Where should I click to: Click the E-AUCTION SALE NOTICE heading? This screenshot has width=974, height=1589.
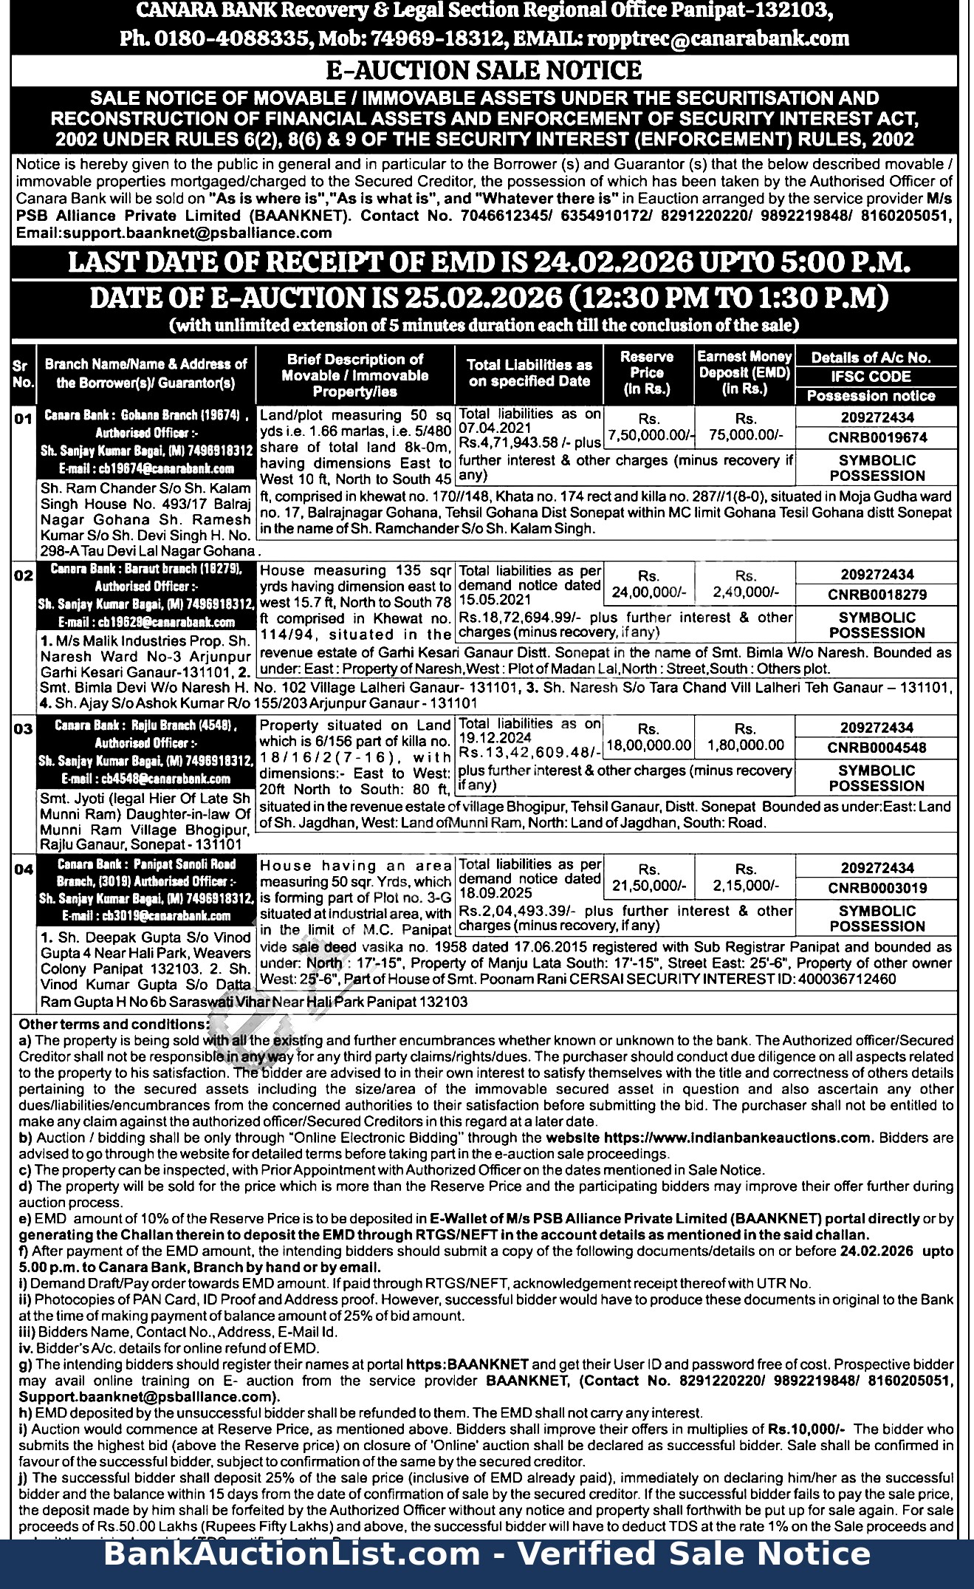coord(484,70)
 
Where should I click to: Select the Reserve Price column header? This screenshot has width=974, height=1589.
coord(647,373)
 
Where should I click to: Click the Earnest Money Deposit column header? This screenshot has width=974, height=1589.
coord(744,373)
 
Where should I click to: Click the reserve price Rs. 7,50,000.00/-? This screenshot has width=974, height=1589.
coord(649,435)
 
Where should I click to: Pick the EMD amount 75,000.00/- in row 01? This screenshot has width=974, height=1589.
coord(746,435)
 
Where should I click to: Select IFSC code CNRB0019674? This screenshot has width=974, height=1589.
coord(877,438)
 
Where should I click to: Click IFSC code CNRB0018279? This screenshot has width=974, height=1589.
coord(877,595)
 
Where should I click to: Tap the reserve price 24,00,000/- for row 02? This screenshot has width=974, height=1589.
coord(649,592)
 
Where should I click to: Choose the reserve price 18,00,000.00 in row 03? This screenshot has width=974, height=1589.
coord(649,746)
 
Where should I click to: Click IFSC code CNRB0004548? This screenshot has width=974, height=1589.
coord(877,748)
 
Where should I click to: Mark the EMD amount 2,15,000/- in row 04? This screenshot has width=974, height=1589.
coord(746,886)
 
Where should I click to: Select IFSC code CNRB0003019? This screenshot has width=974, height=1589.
coord(877,888)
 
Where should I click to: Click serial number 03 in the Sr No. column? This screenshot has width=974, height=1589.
coord(24,729)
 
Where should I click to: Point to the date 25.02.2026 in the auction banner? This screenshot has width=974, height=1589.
coord(483,298)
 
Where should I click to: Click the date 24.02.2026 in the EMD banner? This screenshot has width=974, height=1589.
coord(613,262)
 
